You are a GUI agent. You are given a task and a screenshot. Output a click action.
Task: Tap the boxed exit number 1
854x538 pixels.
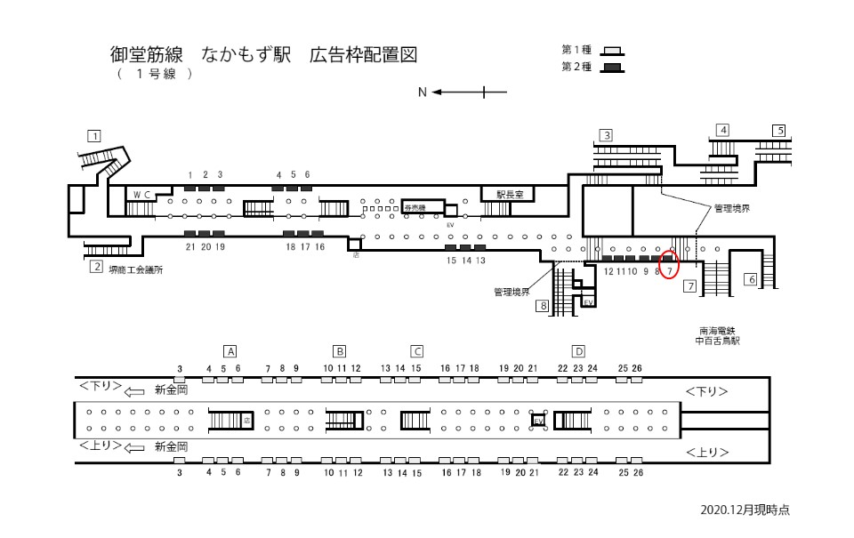[93, 136]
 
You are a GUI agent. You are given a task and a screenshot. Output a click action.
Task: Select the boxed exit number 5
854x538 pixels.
[779, 130]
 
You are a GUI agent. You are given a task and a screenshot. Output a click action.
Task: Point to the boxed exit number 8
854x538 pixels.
[542, 307]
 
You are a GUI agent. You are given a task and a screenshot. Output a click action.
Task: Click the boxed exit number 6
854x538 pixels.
[750, 279]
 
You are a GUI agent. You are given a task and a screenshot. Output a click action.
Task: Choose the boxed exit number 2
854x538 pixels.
[95, 266]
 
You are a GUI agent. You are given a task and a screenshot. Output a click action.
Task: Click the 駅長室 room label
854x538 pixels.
[512, 193]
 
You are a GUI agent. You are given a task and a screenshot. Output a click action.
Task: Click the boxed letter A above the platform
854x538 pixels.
[230, 350]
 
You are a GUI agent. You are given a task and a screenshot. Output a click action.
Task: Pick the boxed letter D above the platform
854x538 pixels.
[578, 350]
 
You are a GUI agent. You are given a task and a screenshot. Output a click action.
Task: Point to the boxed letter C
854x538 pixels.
[416, 350]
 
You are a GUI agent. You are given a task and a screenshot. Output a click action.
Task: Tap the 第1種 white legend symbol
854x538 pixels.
[613, 51]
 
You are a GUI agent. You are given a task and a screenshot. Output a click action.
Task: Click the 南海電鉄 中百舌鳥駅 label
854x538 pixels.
[719, 334]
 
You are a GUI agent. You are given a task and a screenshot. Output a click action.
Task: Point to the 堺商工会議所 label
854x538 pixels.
[136, 269]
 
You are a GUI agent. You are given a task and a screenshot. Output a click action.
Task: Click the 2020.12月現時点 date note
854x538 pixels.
[745, 510]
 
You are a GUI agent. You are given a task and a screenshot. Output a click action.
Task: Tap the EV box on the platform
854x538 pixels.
[537, 421]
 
